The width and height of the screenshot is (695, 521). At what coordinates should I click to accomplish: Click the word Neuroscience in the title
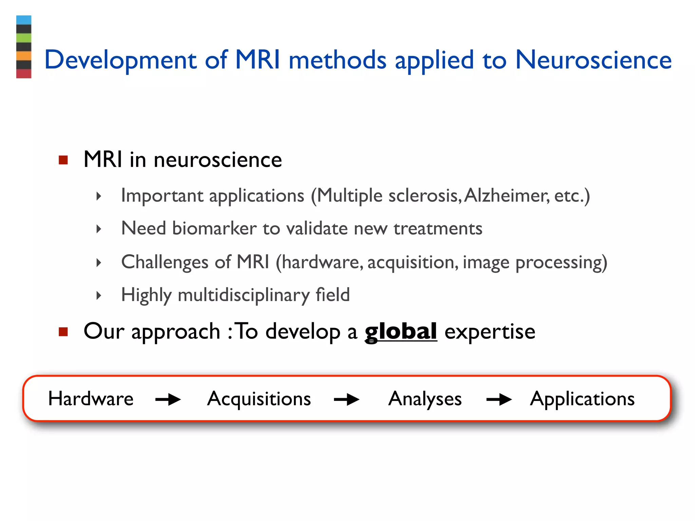[x=593, y=60]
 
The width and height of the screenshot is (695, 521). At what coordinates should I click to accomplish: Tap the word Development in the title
[x=120, y=60]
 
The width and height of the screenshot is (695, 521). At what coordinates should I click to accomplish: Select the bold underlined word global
[x=401, y=332]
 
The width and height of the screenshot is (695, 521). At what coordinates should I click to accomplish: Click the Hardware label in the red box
[x=91, y=399]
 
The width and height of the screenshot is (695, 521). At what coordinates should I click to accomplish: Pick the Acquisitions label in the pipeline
[x=259, y=399]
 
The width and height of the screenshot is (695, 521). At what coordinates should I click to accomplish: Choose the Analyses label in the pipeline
[x=425, y=399]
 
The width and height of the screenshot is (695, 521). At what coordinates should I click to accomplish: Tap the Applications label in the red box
[x=582, y=399]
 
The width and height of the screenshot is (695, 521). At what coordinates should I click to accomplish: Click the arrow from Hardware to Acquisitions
[x=168, y=400]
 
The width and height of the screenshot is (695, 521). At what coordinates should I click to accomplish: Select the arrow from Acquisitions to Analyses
[x=346, y=400]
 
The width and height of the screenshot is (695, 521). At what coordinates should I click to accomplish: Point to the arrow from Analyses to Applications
[x=499, y=400]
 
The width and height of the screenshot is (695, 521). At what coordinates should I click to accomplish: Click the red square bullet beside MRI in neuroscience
[x=63, y=160]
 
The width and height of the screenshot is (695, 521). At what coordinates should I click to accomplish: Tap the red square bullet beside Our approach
[x=63, y=331]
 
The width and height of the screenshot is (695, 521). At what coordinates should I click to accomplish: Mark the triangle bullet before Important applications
[x=99, y=196]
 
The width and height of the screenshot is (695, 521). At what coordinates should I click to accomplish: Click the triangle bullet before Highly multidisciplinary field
[x=99, y=295]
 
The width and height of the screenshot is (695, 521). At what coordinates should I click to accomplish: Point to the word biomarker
[x=214, y=228]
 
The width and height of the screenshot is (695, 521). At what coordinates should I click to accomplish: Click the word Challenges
[x=165, y=262]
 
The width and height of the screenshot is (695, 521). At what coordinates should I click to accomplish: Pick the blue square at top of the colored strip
[x=24, y=20]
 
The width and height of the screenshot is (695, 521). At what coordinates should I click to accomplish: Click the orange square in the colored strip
[x=24, y=56]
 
